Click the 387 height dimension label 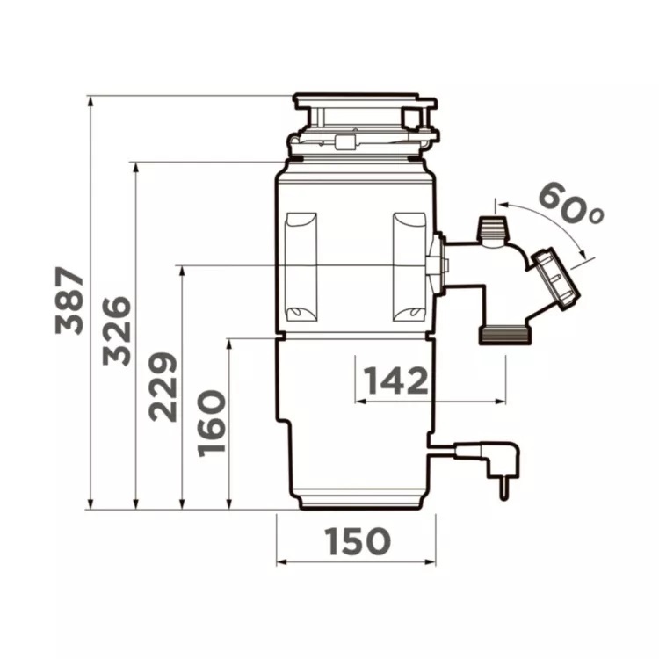69,301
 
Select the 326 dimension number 117,330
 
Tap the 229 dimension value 163,387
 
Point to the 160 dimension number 212,424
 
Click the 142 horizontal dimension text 395,380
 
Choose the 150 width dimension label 358,540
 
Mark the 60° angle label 570,204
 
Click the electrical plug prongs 503,489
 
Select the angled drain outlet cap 555,278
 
